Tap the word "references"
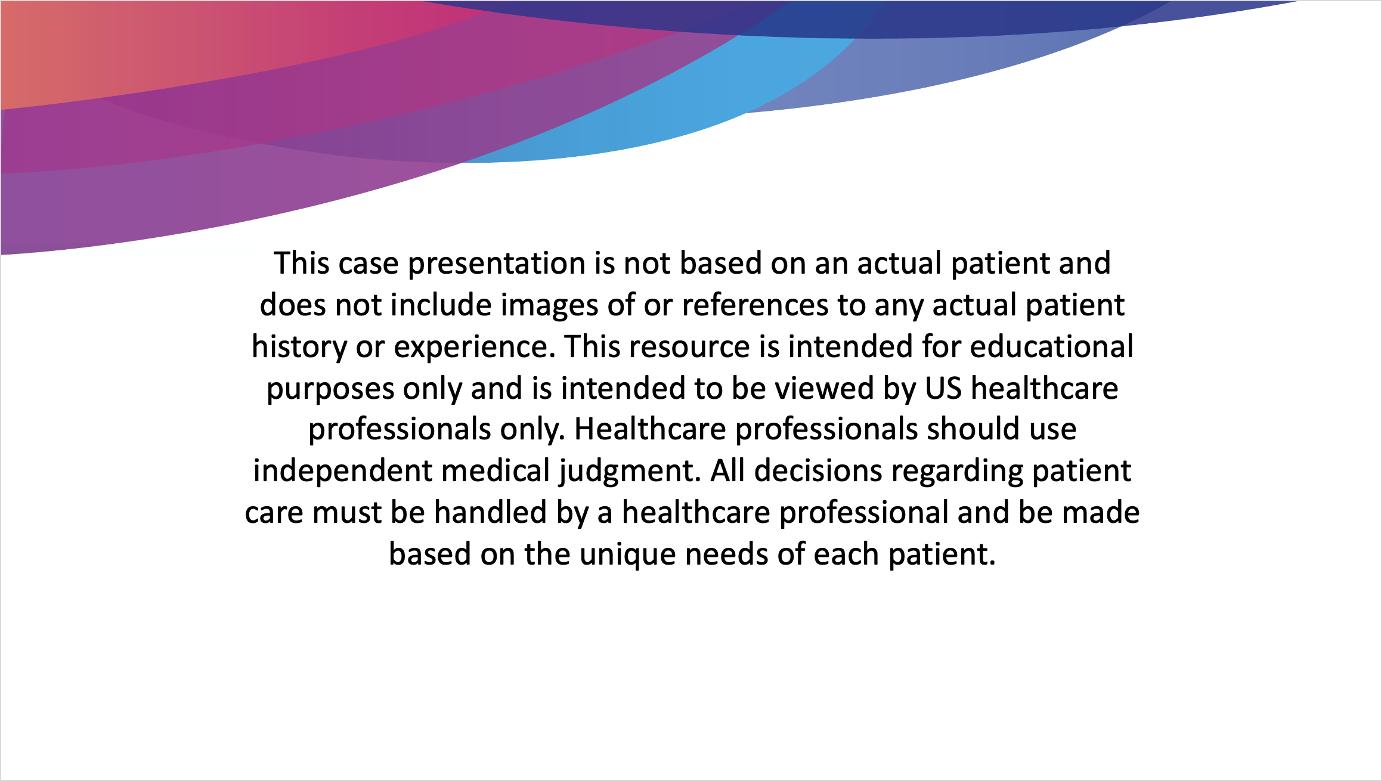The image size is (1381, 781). click(x=755, y=305)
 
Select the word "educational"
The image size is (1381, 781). click(x=1052, y=346)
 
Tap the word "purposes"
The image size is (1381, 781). click(x=330, y=389)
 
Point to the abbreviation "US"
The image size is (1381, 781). click(x=943, y=388)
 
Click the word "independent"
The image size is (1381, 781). click(x=342, y=471)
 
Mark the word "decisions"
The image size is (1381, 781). click(x=818, y=471)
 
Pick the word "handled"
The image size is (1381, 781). click(x=490, y=513)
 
